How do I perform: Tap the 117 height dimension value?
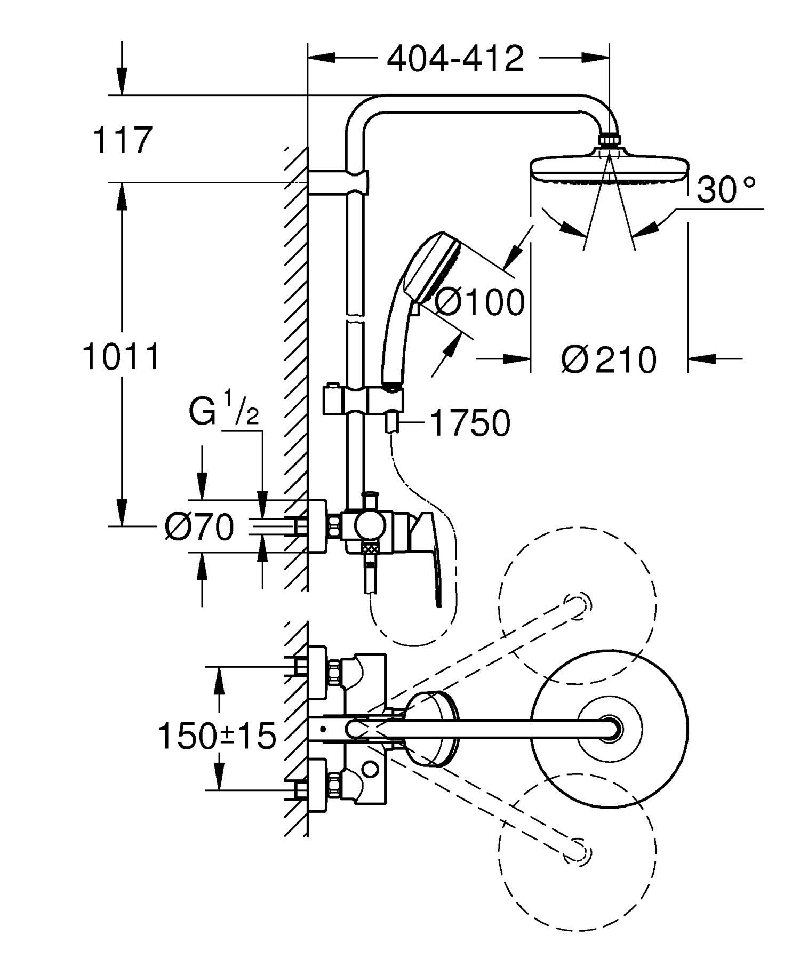click(x=122, y=140)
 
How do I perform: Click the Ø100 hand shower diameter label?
click(x=479, y=303)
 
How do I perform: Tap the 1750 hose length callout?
click(x=470, y=423)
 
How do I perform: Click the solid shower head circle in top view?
click(x=609, y=728)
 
